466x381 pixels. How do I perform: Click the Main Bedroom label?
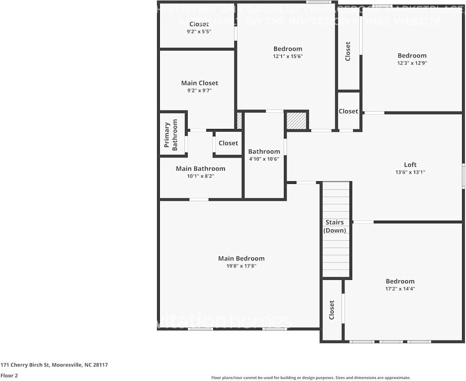pyautogui.click(x=241, y=258)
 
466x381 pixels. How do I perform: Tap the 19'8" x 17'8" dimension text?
pyautogui.click(x=241, y=266)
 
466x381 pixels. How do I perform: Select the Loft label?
pyautogui.click(x=410, y=165)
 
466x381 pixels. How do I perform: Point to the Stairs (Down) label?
pyautogui.click(x=335, y=226)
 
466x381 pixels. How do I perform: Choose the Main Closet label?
pyautogui.click(x=199, y=83)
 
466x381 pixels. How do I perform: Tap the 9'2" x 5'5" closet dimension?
pyautogui.click(x=199, y=32)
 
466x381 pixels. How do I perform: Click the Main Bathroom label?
pyautogui.click(x=200, y=168)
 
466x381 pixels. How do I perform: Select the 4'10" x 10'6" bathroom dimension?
pyautogui.click(x=264, y=159)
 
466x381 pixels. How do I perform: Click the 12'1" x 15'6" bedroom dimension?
pyautogui.click(x=287, y=56)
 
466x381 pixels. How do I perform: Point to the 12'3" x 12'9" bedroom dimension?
pyautogui.click(x=412, y=63)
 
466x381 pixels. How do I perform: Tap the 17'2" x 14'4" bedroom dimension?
pyautogui.click(x=400, y=288)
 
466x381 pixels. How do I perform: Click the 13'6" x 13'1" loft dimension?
pyautogui.click(x=410, y=172)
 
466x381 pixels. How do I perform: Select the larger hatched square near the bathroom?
pyautogui.click(x=296, y=120)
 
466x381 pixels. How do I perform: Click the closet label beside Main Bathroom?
pyautogui.click(x=228, y=143)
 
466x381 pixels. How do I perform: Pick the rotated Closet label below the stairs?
pyautogui.click(x=332, y=309)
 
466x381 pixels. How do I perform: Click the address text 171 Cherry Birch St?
pyautogui.click(x=54, y=365)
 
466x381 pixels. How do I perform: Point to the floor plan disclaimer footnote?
pyautogui.click(x=311, y=378)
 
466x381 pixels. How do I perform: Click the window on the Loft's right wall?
pyautogui.click(x=463, y=176)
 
